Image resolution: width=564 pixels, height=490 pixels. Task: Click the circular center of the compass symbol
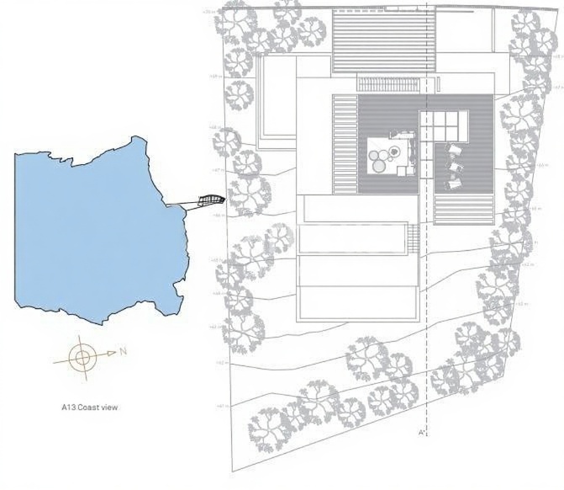click(82, 358)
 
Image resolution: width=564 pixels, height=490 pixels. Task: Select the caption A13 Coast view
click(89, 407)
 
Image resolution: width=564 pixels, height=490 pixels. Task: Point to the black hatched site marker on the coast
click(211, 200)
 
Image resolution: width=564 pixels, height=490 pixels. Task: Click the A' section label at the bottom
click(424, 433)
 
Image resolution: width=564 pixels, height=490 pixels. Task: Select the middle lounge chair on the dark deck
click(455, 166)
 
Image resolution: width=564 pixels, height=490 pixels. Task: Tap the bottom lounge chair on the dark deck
click(454, 182)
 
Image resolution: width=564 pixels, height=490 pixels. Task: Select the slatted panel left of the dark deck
click(345, 144)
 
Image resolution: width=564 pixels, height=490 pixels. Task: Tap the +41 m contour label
click(222, 406)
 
